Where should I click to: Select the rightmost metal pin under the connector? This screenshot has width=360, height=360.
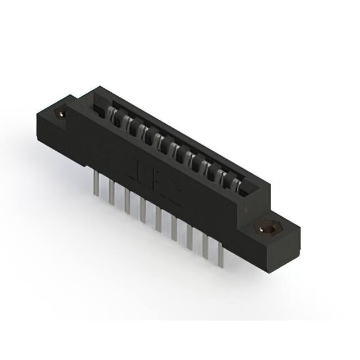point(220,255)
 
